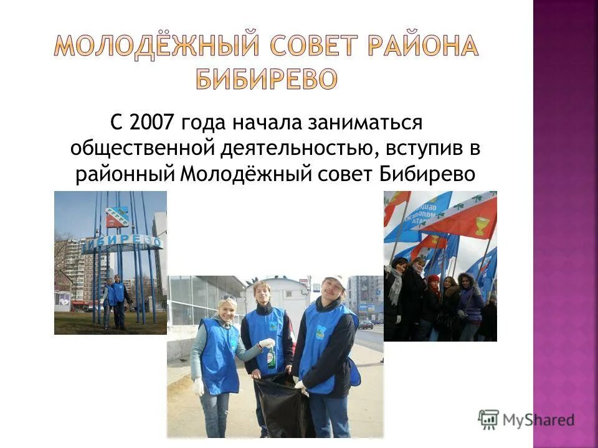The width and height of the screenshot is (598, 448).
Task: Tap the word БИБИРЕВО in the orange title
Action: click(x=267, y=78)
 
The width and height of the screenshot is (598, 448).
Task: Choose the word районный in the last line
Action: click(x=124, y=174)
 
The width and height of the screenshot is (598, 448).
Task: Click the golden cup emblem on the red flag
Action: click(x=481, y=225)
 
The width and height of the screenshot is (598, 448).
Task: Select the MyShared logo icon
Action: click(x=489, y=420)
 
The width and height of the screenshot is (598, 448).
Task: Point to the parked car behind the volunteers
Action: click(x=366, y=324)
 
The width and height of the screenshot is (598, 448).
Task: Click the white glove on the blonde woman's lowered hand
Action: click(x=199, y=387)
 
